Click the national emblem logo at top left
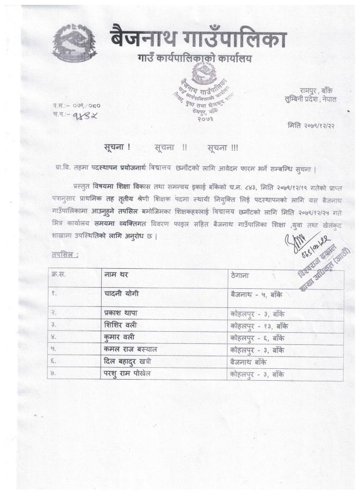pos(75,42)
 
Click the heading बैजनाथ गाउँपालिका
pos(197,38)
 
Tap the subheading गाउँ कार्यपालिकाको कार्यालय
pos(194,58)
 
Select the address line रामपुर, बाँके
pos(318,90)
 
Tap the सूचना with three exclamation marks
pos(223,147)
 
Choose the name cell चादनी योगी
pos(121,294)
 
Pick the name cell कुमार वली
pos(120,338)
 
